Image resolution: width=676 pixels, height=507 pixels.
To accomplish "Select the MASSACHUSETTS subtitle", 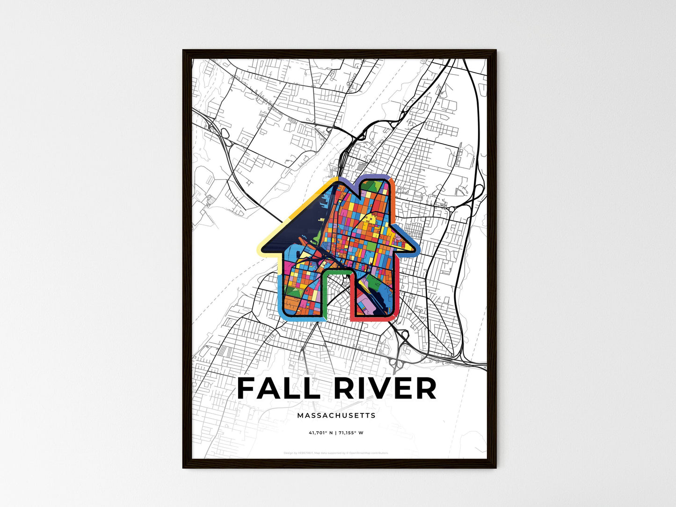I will pyautogui.click(x=336, y=415).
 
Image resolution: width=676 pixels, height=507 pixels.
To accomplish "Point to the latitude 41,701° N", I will pyautogui.click(x=321, y=433).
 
